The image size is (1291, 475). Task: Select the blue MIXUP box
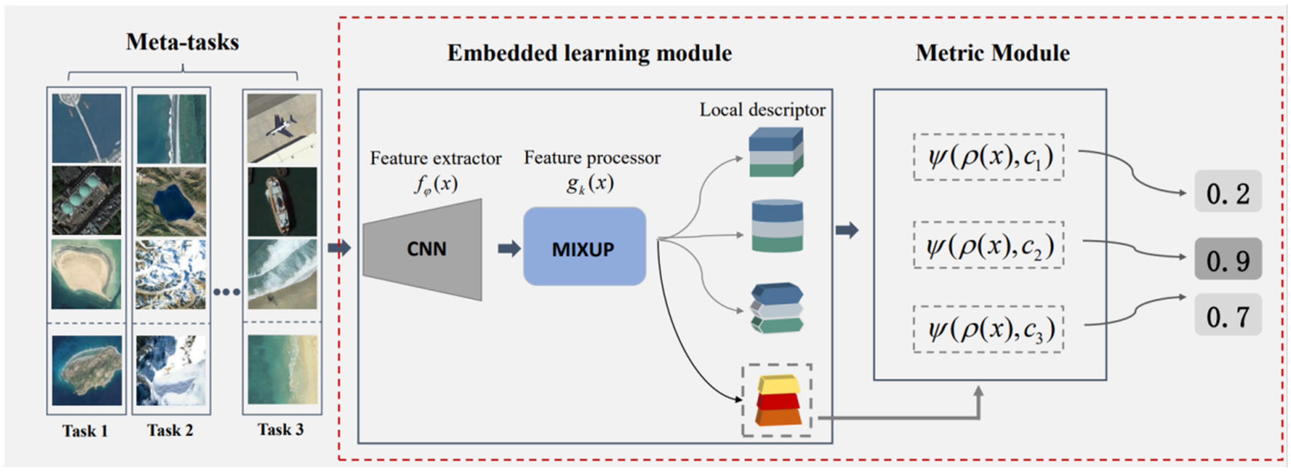point(584,247)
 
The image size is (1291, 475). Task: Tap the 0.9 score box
point(1227,259)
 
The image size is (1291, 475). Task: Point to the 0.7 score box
point(1227,315)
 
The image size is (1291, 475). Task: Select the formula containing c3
point(988,329)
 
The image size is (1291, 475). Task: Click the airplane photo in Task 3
point(282,128)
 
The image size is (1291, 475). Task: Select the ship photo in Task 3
point(282,202)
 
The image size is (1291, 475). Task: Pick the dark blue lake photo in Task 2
point(171,202)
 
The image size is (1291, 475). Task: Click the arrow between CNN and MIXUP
point(509,248)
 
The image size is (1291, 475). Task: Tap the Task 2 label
point(170,430)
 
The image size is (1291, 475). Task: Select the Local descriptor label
point(762,110)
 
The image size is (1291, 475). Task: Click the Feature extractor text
point(435,158)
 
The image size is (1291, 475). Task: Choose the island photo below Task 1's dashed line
point(87,370)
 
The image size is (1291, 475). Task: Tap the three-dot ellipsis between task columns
point(226,292)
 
